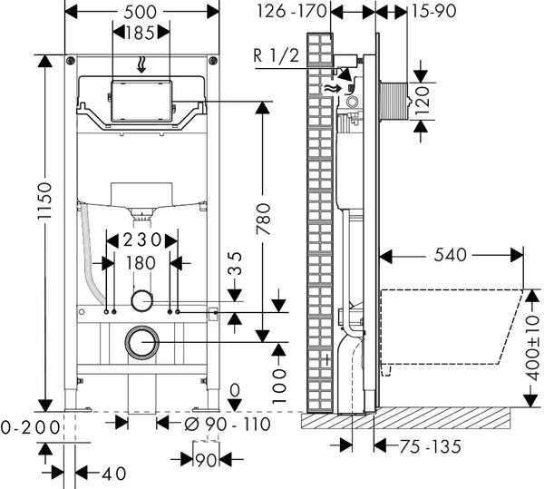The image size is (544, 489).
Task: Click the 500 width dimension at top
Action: [x=140, y=12]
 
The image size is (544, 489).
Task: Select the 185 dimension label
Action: [x=140, y=34]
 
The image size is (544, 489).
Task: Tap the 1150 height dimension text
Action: [x=44, y=200]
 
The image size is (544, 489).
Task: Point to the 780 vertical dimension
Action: [x=263, y=219]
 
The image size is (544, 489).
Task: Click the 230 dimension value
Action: [x=142, y=240]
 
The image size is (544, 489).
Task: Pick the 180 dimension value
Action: [x=141, y=263]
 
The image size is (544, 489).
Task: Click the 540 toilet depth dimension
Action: [x=450, y=255]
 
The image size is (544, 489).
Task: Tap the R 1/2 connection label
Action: [x=277, y=56]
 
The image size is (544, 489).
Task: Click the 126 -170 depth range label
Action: [x=292, y=11]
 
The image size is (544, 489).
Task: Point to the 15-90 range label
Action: [x=433, y=11]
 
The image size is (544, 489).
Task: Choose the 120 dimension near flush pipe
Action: [x=423, y=97]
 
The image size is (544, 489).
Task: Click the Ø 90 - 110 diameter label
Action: [x=228, y=424]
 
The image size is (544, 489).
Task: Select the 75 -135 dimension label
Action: [x=430, y=446]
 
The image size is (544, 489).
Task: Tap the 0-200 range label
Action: [x=30, y=427]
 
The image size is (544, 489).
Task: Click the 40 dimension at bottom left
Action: [x=114, y=474]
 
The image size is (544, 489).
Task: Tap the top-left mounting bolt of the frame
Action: [x=71, y=61]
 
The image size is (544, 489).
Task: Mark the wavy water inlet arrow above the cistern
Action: [x=141, y=65]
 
